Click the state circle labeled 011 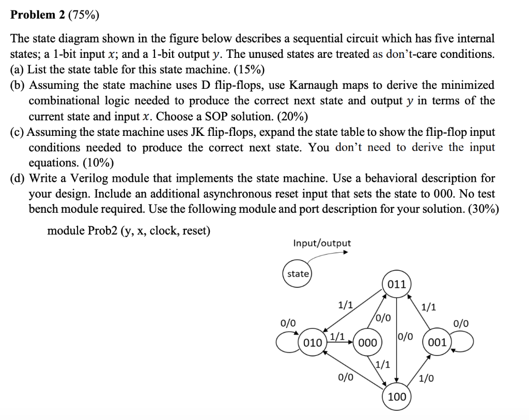coord(397,284)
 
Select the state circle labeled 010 coord(313,343)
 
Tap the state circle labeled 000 coord(367,343)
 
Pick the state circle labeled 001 coord(437,343)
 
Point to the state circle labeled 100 coord(397,397)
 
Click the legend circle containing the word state coord(298,274)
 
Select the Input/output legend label coord(321,243)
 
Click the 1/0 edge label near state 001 coord(426,379)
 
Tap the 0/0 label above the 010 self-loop coord(288,323)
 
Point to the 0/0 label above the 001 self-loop coord(461,323)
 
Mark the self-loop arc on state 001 coord(463,342)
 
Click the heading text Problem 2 coord(35,14)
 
